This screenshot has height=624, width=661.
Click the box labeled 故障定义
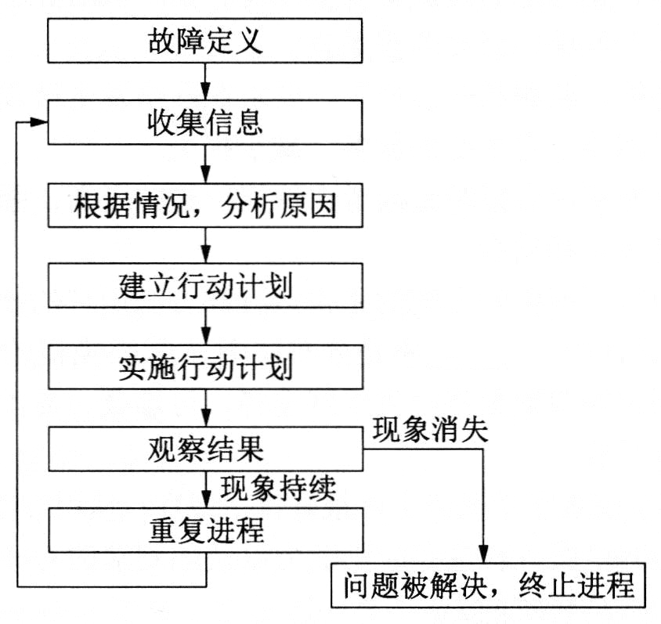coord(205,41)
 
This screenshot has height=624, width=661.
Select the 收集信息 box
coord(205,122)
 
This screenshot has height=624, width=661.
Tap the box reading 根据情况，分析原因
coord(205,205)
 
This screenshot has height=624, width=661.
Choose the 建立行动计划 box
coord(205,286)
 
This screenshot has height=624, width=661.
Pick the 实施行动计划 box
coord(206,367)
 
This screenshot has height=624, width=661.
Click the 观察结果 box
coord(206,449)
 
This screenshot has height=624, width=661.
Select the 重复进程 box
coord(206,530)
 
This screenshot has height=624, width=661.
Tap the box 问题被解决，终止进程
coord(488,585)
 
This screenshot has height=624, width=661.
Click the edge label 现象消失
coord(431,430)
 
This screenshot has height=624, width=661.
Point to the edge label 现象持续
coord(278,488)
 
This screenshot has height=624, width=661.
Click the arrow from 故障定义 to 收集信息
coord(205,81)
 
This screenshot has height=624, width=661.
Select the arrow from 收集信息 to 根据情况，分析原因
coord(205,164)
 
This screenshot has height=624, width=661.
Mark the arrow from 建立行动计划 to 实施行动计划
coord(206,326)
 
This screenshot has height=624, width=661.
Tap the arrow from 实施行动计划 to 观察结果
coord(206,408)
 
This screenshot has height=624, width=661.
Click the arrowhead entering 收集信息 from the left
coord(39,122)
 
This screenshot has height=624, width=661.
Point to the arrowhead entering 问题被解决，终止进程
coord(483,554)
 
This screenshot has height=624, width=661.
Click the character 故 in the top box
coord(161,41)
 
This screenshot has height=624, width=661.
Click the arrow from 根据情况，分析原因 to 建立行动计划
coord(205,246)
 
